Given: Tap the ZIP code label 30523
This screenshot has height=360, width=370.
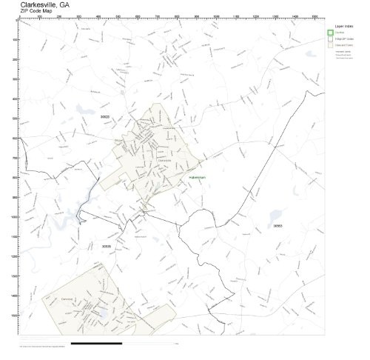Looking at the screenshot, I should [106, 117].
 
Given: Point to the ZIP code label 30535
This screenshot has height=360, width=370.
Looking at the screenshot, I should [106, 246].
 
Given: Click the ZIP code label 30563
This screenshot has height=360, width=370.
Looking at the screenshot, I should [277, 225].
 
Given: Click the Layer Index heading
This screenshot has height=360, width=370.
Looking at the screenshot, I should [343, 25].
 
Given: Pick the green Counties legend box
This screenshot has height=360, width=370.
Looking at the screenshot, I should [330, 32].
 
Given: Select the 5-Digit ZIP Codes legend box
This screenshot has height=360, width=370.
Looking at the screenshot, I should [330, 39].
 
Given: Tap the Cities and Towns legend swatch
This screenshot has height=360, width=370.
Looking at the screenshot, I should [330, 45].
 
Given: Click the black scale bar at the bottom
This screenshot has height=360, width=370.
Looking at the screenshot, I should [97, 343].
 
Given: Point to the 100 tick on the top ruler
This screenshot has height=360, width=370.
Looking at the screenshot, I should [39, 18].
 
